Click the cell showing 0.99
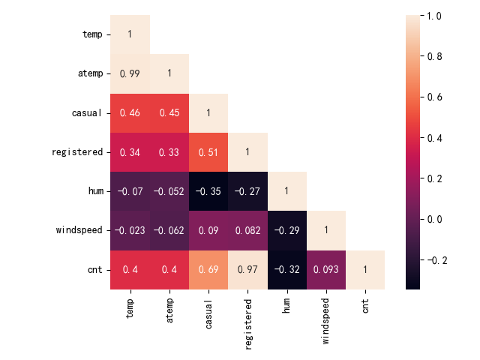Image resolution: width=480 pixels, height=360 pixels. pyautogui.click(x=130, y=73)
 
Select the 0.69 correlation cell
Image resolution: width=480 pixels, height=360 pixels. pyautogui.click(x=208, y=270)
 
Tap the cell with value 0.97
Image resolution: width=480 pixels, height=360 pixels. pyautogui.click(x=247, y=270)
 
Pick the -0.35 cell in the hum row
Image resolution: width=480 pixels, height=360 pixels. pyautogui.click(x=208, y=191)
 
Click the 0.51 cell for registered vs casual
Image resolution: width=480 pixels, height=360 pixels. pyautogui.click(x=208, y=152)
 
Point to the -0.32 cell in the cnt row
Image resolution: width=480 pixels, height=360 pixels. pyautogui.click(x=287, y=270)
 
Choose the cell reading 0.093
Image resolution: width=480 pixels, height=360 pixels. pyautogui.click(x=326, y=270)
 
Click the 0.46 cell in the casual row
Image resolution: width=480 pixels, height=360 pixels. pyautogui.click(x=130, y=113)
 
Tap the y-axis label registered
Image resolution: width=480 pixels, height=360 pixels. pyautogui.click(x=77, y=152)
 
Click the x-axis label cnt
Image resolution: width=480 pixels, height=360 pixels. pyautogui.click(x=365, y=308)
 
